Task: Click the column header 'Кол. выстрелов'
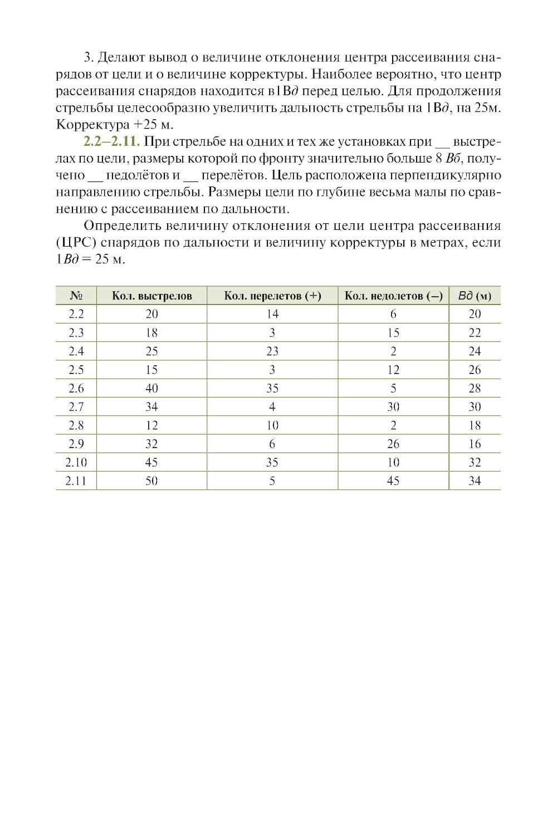(x=152, y=296)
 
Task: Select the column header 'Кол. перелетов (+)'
(x=272, y=296)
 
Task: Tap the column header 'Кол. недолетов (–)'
(x=393, y=296)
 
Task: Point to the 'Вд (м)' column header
(x=475, y=296)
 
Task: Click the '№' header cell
(x=76, y=296)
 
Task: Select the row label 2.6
(x=76, y=388)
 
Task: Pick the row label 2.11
(x=76, y=481)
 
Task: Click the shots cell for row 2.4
(x=152, y=351)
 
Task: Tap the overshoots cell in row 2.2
(x=272, y=314)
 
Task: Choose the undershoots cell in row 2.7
(x=393, y=407)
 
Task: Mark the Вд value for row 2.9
(x=475, y=444)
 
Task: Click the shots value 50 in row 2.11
(x=152, y=481)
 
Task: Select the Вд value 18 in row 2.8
(x=475, y=425)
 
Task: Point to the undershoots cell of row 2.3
(x=393, y=333)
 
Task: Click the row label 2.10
(x=76, y=463)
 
